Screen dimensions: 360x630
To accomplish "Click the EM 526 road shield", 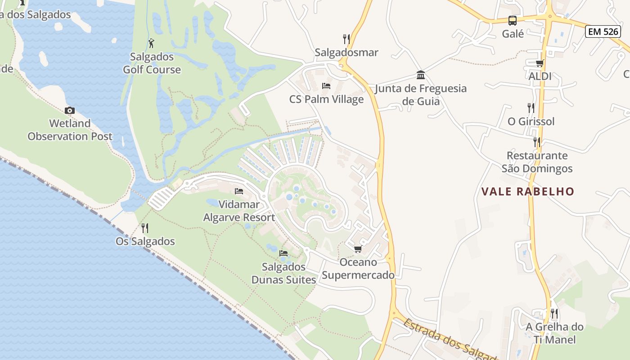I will point(603,31).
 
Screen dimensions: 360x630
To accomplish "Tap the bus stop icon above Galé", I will point(513,21).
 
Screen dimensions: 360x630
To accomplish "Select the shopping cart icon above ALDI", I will point(540,63).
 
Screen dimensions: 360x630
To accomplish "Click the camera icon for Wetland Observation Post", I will point(70,110).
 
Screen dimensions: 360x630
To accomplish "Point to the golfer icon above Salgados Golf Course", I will point(152,43).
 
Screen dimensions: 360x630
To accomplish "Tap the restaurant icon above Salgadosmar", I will point(346,39).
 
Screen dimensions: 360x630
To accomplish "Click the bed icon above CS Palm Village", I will point(326,86).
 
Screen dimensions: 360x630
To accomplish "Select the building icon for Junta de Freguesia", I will point(421,75).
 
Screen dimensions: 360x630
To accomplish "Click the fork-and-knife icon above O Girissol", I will point(531,108).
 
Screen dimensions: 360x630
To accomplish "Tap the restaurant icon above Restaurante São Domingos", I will point(536,142).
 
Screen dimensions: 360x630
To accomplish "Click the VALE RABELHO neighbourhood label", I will point(528,192).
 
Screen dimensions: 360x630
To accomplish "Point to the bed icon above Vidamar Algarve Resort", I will point(239,191).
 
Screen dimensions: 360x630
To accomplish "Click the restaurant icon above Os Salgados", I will point(145,228).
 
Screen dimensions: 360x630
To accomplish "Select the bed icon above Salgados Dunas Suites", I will point(283,253).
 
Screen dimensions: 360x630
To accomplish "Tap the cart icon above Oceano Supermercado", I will point(358,249).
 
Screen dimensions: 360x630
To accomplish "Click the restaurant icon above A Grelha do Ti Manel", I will point(554,314).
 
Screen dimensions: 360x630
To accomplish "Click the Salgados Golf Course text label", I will point(152,63).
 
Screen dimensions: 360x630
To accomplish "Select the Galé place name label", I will point(513,34).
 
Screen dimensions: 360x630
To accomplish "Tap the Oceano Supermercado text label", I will point(358,268).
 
